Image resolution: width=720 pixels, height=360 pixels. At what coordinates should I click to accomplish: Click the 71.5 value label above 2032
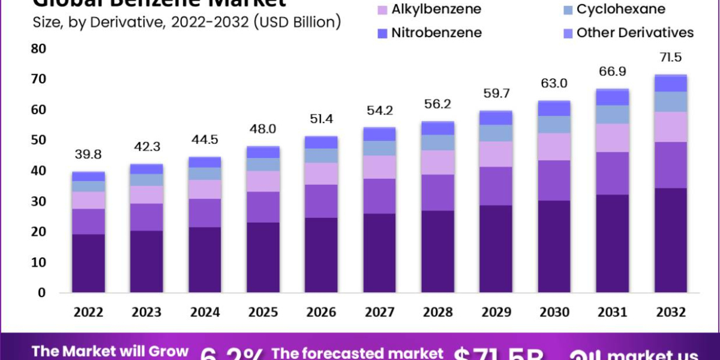pos(670,58)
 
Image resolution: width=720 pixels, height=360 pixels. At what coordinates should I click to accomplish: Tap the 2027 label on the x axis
pos(379,313)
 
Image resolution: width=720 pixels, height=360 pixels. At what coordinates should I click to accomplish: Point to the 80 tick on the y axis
pos(37,48)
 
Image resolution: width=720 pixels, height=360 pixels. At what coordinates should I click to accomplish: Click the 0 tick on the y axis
pos(41,293)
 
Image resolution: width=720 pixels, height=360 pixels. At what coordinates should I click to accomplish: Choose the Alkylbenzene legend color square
pos(382,10)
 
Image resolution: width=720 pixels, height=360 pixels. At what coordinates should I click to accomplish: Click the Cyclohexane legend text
pos(620,10)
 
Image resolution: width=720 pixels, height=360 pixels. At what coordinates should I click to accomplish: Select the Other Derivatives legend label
pos(635,32)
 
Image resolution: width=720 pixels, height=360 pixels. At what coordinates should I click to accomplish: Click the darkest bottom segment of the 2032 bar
pos(670,240)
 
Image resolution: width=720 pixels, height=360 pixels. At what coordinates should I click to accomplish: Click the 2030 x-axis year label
pos(554,313)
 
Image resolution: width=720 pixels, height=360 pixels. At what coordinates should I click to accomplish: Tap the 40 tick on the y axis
pos(37,170)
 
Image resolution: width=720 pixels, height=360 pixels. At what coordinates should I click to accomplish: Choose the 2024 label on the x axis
pos(205,313)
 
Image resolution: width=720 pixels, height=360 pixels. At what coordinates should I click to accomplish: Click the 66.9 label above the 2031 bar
pos(612,71)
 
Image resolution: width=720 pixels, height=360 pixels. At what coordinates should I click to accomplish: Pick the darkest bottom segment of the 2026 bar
pos(321,255)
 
